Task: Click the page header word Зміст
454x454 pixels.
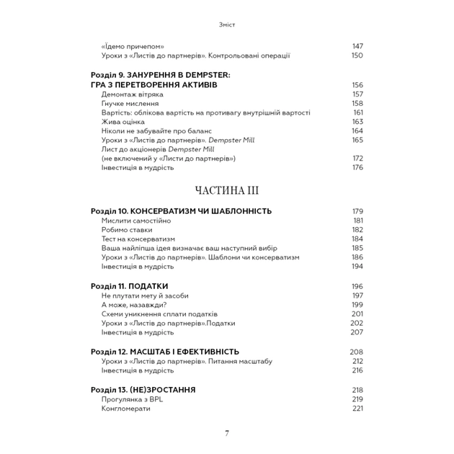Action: (226, 25)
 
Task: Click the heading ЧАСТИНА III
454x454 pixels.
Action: (227, 191)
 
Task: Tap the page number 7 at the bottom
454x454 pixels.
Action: (227, 433)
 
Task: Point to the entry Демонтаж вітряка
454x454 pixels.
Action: (133, 94)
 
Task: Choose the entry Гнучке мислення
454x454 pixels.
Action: (130, 104)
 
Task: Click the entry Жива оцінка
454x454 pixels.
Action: (125, 122)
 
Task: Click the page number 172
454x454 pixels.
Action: (357, 158)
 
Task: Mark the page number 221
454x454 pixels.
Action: (357, 408)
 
